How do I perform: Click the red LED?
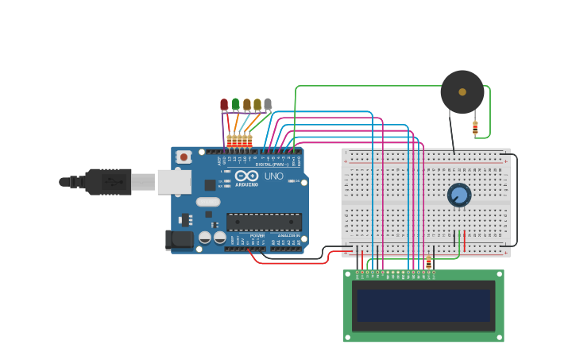(224, 104)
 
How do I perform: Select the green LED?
(235, 103)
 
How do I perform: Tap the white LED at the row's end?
(268, 103)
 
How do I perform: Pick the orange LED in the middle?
(246, 104)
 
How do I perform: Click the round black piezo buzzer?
(462, 92)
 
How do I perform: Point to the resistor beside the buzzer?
(475, 126)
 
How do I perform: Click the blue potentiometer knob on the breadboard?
(459, 195)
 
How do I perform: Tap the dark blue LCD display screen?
(423, 305)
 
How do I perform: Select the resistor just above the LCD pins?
(429, 261)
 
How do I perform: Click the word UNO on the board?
(273, 176)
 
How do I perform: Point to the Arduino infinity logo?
(246, 176)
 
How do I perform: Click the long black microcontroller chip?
(264, 222)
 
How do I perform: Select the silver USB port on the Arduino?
(174, 182)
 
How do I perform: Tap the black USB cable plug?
(108, 182)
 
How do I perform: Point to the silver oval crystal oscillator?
(207, 202)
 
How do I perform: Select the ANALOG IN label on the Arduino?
(288, 235)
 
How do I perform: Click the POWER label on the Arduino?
(257, 235)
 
